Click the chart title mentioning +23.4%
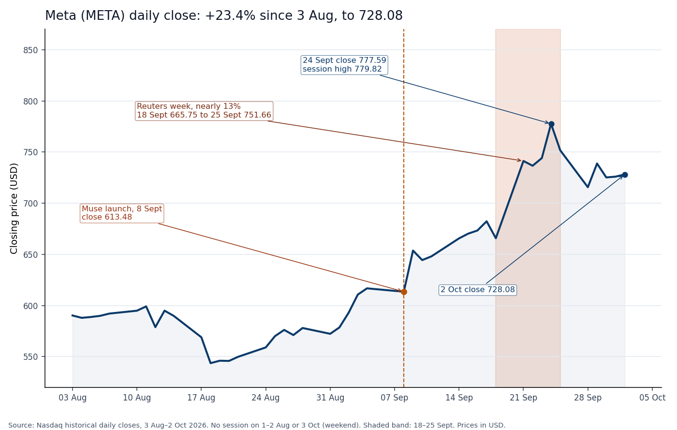223,15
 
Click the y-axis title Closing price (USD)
14,208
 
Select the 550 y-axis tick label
30,357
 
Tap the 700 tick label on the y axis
30,204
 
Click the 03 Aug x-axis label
73,398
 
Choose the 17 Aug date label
201,398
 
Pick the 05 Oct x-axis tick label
652,398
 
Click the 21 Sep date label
523,398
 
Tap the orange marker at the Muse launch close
404,292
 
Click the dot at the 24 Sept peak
551,124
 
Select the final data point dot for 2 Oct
625,175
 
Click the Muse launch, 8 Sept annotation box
122,213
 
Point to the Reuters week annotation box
204,111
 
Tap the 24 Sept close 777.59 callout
344,65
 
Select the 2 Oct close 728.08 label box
478,290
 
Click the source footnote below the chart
257,425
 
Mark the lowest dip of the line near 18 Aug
210,363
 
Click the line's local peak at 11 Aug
146,306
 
